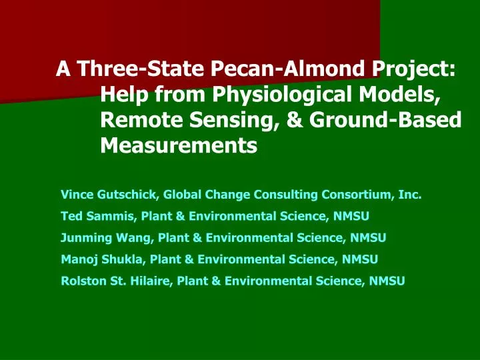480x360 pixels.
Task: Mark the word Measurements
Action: click(178, 145)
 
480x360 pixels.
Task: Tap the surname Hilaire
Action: click(146, 281)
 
